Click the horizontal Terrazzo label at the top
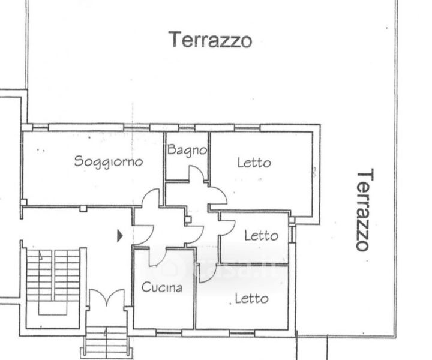point(211,40)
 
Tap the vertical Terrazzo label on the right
point(365,209)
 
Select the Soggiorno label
point(109,161)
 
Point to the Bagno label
point(187,151)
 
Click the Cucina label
point(162,287)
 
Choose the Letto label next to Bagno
point(254,163)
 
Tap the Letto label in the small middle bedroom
point(262,236)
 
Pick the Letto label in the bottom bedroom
point(252,299)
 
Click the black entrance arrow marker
point(119,236)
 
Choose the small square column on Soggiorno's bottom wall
point(83,209)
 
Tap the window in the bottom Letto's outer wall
point(242,333)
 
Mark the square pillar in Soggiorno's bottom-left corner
point(23,202)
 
